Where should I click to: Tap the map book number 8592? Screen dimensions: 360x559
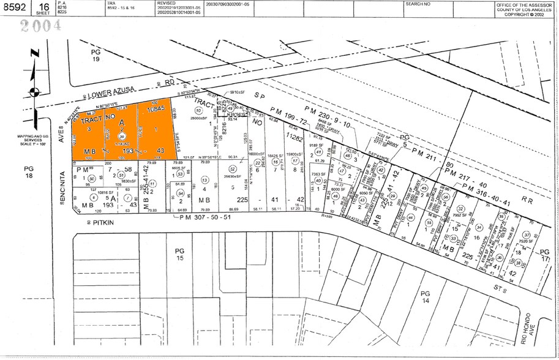coord(15,7)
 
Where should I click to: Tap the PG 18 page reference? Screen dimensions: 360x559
coord(29,171)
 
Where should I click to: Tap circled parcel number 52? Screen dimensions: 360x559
coord(232,169)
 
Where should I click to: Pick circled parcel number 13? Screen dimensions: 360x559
coord(204,181)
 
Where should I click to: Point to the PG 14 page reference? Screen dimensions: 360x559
coord(426,298)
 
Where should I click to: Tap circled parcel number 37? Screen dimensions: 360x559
coord(526,235)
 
